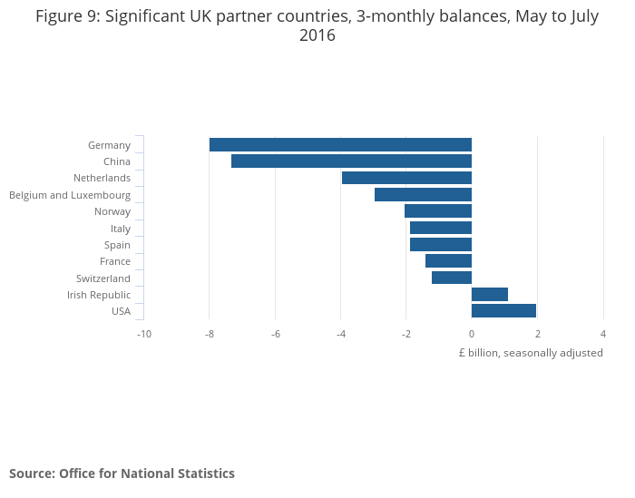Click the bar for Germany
pos(340,145)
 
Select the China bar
pos(351,161)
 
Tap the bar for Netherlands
pos(406,178)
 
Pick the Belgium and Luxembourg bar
pos(423,195)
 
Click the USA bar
pos(503,311)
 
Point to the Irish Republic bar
pos(490,295)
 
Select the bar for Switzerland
pos(452,278)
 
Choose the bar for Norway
pos(438,211)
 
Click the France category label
pos(115,261)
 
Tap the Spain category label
pos(117,245)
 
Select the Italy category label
pos(121,229)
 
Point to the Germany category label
pos(109,145)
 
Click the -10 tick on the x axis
pos(143,334)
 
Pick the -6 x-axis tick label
pos(275,334)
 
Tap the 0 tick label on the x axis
pos(472,334)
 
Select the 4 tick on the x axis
pos(603,334)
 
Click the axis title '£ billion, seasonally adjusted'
pos(531,353)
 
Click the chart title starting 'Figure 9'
pos(317,25)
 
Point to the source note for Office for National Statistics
pos(122,474)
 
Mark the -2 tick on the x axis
pos(406,334)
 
